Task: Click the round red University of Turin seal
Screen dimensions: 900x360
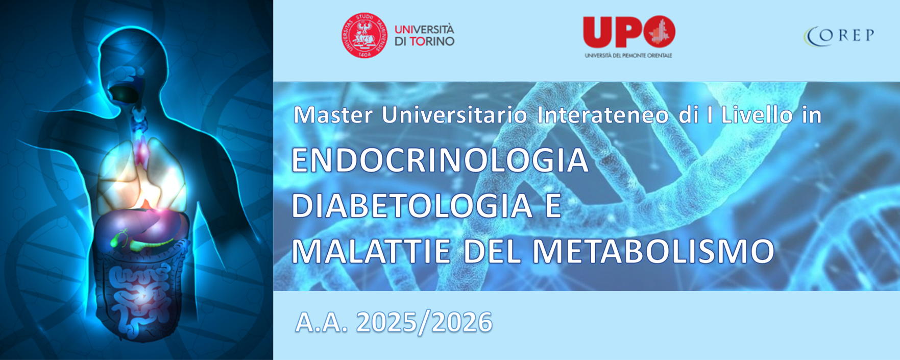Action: (364, 35)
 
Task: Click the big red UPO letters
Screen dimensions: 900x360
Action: (629, 32)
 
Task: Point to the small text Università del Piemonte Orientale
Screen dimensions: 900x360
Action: (628, 55)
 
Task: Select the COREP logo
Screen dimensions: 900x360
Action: (839, 35)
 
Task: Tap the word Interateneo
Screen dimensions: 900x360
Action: (602, 115)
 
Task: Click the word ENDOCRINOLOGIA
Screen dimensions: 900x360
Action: (440, 160)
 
